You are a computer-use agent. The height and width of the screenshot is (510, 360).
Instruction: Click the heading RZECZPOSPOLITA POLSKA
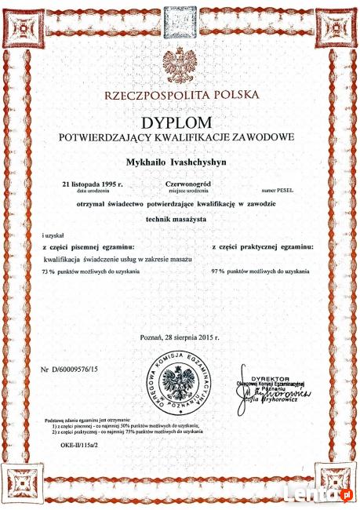(180, 96)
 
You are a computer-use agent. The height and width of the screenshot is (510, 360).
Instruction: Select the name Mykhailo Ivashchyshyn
(180, 161)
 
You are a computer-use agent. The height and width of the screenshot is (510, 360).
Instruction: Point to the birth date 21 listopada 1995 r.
(93, 184)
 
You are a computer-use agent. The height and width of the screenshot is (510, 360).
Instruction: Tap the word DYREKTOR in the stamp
(271, 378)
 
